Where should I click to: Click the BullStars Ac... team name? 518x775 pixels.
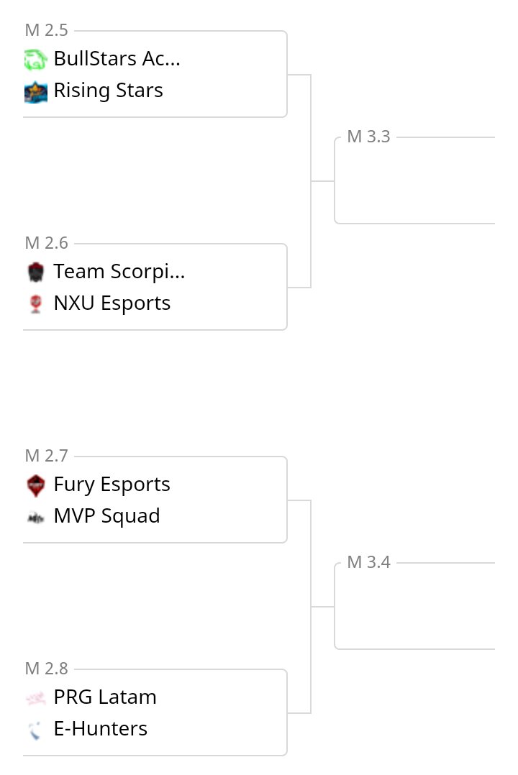point(117,59)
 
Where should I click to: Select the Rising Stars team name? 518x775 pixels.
point(108,91)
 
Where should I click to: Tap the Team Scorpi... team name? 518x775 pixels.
point(119,272)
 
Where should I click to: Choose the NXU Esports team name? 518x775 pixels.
point(112,303)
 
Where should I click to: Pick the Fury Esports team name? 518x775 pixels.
point(112,485)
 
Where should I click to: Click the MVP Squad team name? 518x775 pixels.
point(106,516)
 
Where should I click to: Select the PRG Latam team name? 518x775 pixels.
point(104,697)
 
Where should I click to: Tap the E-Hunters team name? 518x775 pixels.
point(100,729)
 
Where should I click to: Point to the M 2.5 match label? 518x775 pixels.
point(47,30)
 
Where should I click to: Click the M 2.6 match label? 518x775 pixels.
point(47,243)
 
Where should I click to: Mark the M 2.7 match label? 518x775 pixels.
point(47,456)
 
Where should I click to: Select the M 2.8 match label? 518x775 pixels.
point(47,669)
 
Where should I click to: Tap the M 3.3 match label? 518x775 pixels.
point(368,137)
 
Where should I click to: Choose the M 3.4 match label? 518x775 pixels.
point(368,562)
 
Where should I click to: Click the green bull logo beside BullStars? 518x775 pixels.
point(35,60)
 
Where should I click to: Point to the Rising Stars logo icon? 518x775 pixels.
point(35,91)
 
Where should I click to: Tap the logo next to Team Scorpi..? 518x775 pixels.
point(35,272)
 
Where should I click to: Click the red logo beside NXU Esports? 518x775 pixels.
point(35,304)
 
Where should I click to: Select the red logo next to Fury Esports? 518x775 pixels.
point(35,485)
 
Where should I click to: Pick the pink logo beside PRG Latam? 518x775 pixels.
point(35,698)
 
